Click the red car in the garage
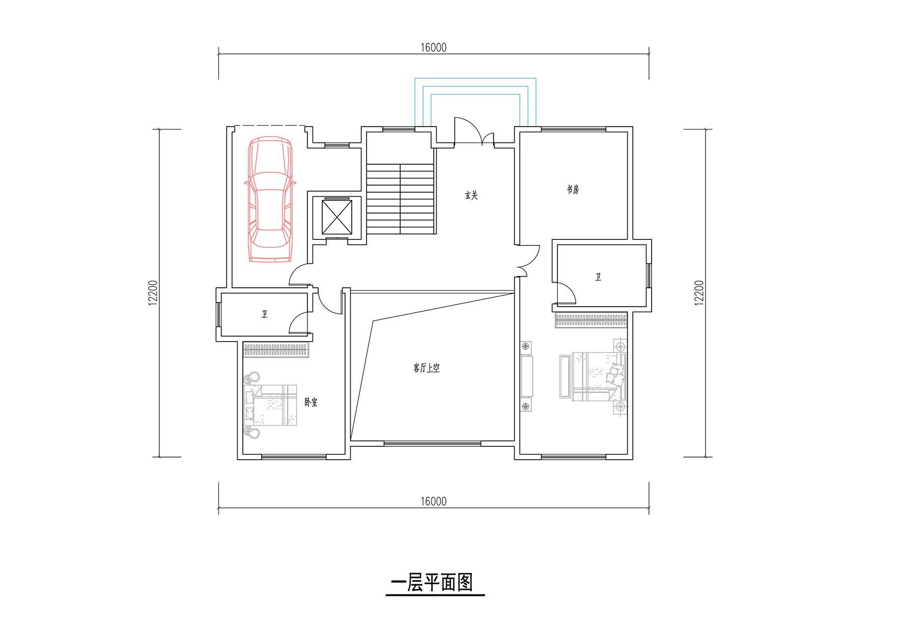269,199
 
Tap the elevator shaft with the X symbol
337,217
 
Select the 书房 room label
573,190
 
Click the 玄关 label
471,195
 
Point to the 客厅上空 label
426,368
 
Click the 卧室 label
311,402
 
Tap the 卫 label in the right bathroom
598,277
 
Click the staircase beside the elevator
401,198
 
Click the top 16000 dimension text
433,47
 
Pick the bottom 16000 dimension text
433,501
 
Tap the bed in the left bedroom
270,405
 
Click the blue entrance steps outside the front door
475,102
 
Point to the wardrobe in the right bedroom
590,321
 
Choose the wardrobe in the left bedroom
276,350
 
